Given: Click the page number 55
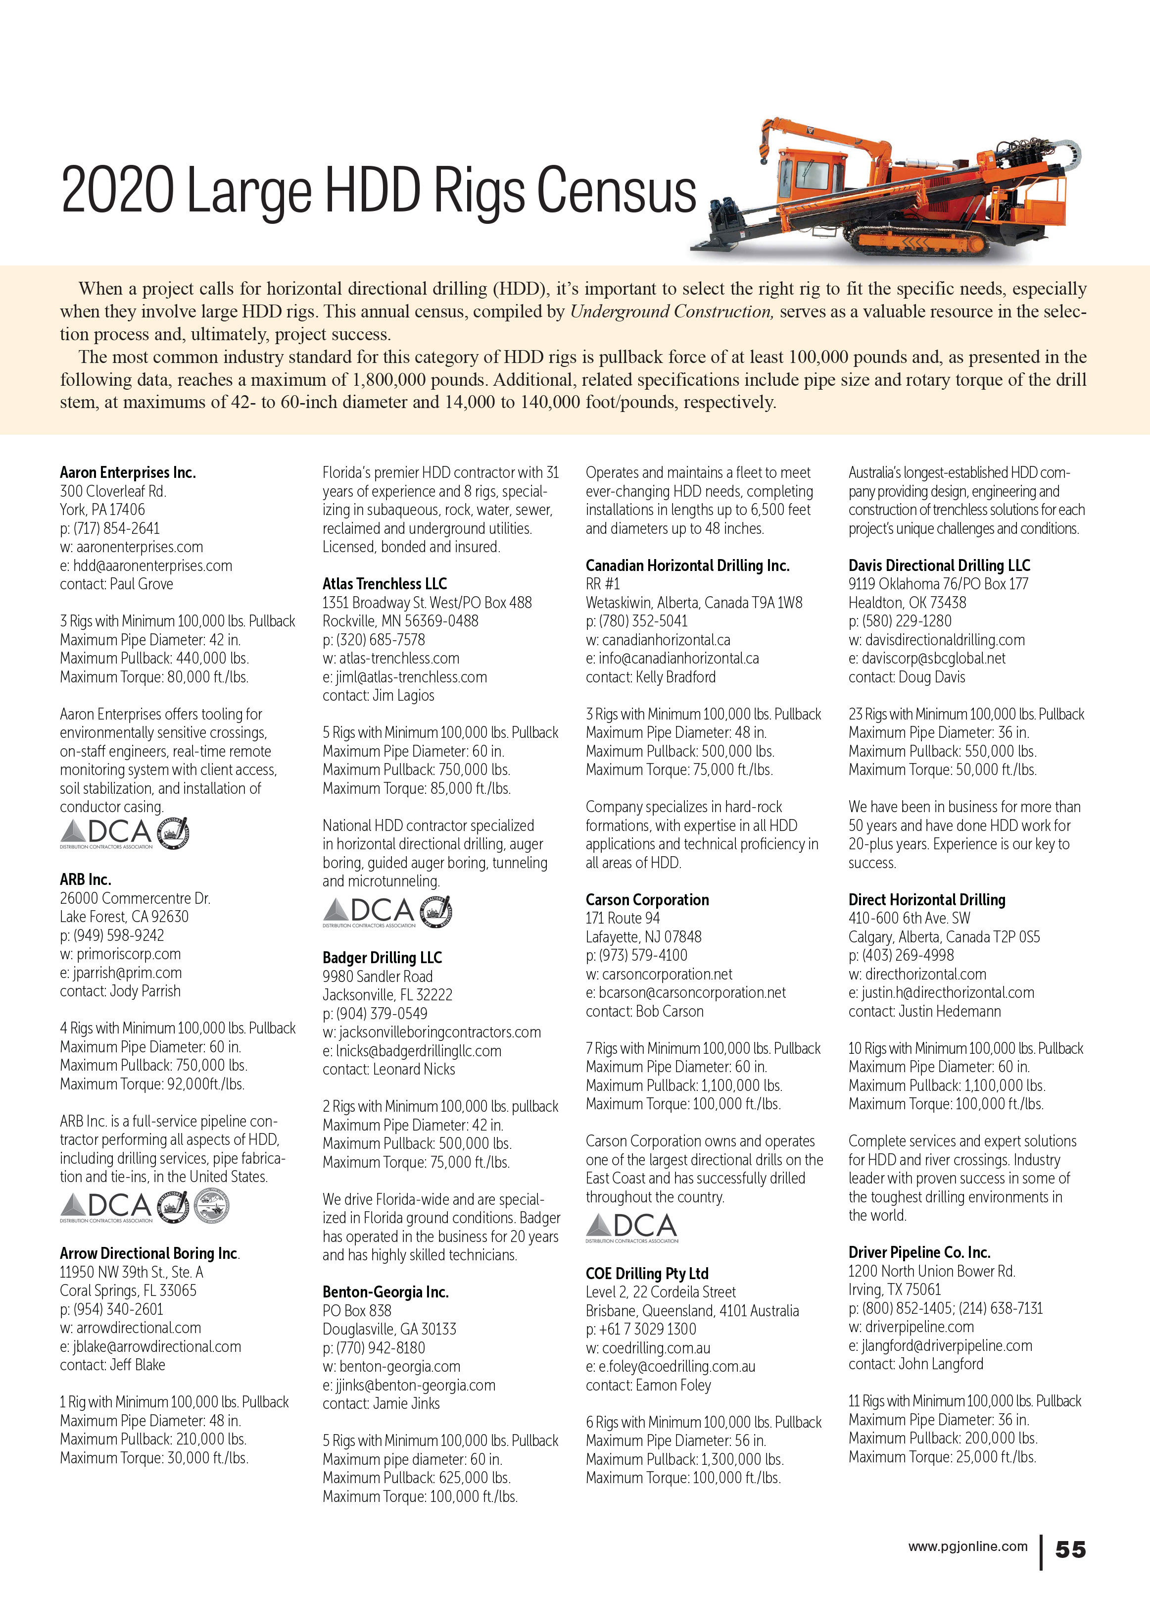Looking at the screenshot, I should (1070, 1549).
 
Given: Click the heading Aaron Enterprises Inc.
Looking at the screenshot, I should (128, 472).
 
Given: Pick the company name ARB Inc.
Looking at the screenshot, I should (85, 879).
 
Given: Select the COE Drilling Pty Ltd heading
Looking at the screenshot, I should (647, 1273).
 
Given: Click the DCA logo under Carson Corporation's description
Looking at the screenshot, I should (632, 1228).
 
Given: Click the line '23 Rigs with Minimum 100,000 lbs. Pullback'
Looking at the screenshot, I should (966, 715).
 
